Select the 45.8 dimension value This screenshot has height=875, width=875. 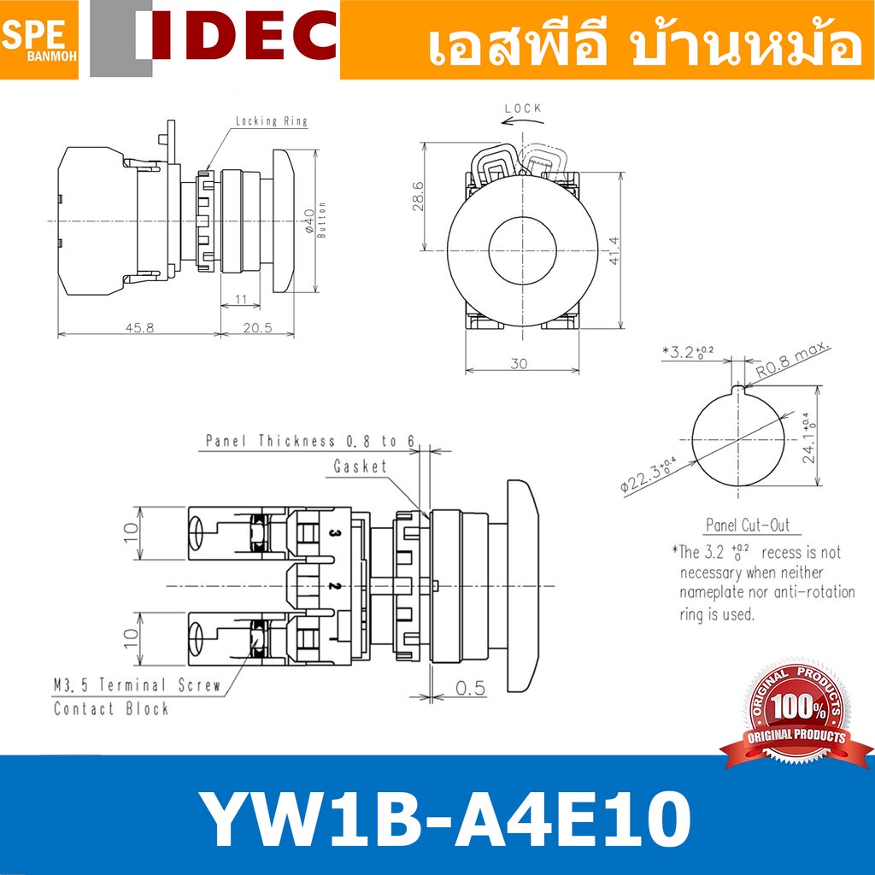coord(139,327)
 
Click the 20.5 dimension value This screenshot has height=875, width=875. coord(257,327)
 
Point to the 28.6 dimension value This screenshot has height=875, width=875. coord(417,197)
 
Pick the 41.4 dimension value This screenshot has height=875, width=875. coord(614,250)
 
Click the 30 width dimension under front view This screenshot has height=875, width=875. coord(519,363)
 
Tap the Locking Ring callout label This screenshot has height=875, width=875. coord(271,120)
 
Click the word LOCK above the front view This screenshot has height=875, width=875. coord(523,109)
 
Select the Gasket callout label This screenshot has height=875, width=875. coord(360,466)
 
